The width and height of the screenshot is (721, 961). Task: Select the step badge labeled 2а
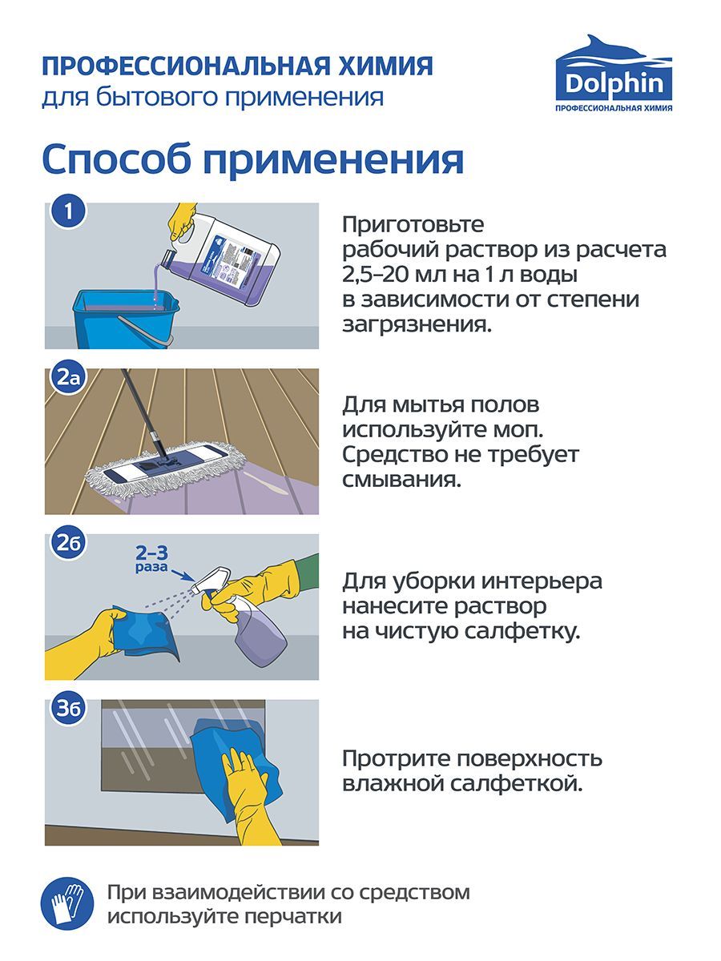pos(69,376)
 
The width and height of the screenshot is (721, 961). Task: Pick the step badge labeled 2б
pos(69,543)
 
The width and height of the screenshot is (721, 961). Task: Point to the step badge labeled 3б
pos(69,709)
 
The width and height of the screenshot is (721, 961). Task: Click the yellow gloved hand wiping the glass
pos(248,793)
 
